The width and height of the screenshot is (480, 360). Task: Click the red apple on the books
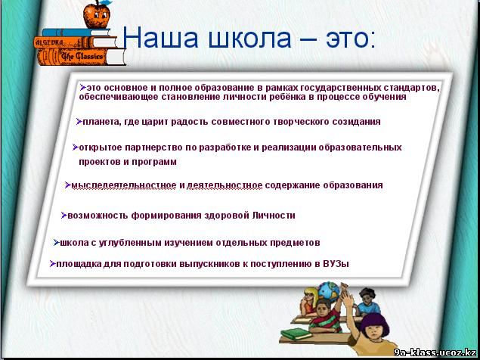(x=97, y=14)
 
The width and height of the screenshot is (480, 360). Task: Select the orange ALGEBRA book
(x=76, y=42)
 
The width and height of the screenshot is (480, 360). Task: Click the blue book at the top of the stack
(x=76, y=33)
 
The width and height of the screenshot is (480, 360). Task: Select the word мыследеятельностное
(x=124, y=185)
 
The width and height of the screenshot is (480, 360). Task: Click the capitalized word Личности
(x=274, y=216)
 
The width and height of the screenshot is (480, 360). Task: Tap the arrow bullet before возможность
(x=63, y=215)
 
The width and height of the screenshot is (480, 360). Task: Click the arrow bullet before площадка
(x=53, y=263)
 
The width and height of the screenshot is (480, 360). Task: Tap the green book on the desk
(x=296, y=334)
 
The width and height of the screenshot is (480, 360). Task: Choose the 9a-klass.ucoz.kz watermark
(x=435, y=352)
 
